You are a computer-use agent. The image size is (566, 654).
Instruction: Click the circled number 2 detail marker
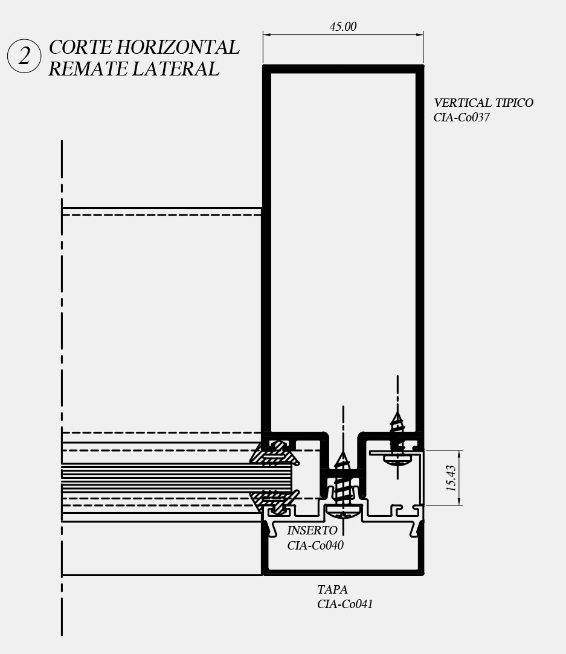pyautogui.click(x=24, y=57)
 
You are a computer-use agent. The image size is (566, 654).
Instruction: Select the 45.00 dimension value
pyautogui.click(x=342, y=27)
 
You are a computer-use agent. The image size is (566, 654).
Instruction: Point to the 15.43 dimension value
pyautogui.click(x=451, y=478)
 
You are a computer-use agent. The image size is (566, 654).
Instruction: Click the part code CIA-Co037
pyautogui.click(x=461, y=118)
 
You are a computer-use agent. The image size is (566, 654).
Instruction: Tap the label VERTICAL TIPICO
pyautogui.click(x=483, y=103)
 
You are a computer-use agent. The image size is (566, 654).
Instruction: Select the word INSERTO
pyautogui.click(x=312, y=531)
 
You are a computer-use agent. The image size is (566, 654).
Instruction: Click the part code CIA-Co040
pyautogui.click(x=315, y=545)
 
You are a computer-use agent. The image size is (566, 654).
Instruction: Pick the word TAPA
pyautogui.click(x=332, y=589)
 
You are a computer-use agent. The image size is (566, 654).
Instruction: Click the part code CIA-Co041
pyautogui.click(x=345, y=604)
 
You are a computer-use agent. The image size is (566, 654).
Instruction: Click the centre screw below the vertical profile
pyautogui.click(x=342, y=483)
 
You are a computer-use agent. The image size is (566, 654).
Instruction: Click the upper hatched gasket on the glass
pyautogui.click(x=276, y=453)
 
